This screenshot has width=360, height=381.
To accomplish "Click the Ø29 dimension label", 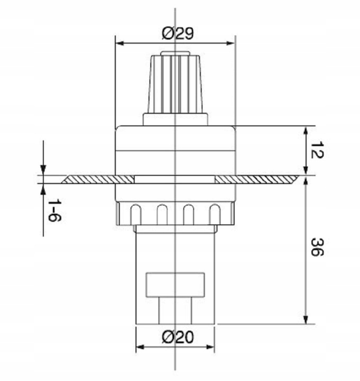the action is pyautogui.click(x=178, y=33).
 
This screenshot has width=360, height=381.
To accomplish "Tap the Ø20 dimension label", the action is pyautogui.click(x=178, y=337).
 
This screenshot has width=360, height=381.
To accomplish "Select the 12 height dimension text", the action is pyautogui.click(x=318, y=150).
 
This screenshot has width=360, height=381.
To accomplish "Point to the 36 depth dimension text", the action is pyautogui.click(x=318, y=247).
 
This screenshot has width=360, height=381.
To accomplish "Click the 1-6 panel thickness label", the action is pyautogui.click(x=55, y=210).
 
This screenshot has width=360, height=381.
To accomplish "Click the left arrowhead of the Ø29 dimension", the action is pyautogui.click(x=120, y=43).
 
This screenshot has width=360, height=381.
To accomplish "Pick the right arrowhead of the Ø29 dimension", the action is pyautogui.click(x=230, y=43).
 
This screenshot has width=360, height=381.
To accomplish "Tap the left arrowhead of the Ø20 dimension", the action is pyautogui.click(x=140, y=347).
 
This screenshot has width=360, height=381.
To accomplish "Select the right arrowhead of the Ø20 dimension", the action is pyautogui.click(x=210, y=347).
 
